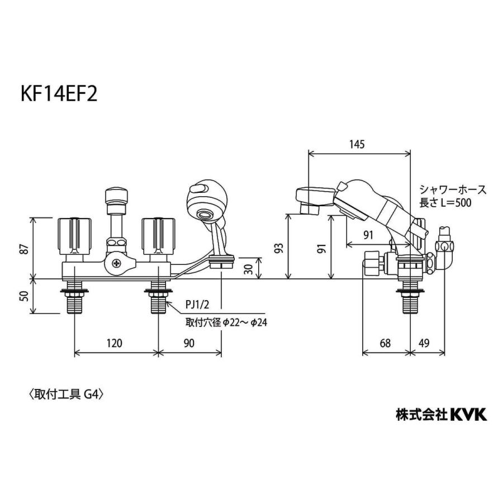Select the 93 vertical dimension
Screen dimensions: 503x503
(279, 246)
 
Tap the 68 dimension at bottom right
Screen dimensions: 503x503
(386, 343)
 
